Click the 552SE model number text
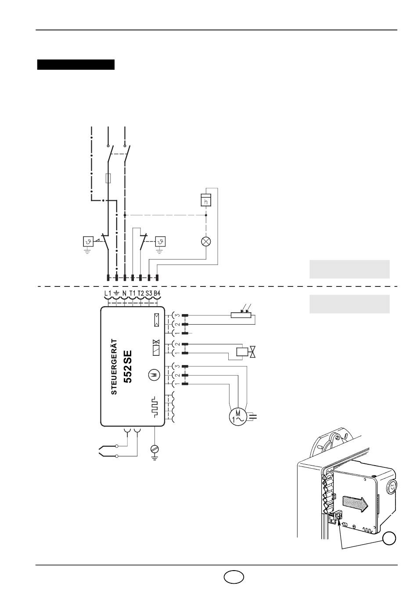[x=128, y=367]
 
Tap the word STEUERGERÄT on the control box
[x=114, y=367]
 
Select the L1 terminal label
[x=108, y=293]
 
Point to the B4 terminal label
[x=157, y=293]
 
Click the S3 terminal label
[x=149, y=293]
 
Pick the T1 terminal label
[x=133, y=293]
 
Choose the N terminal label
[x=124, y=293]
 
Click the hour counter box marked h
[x=206, y=200]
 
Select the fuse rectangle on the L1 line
[x=108, y=178]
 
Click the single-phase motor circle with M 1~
[x=238, y=417]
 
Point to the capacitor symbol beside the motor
[x=253, y=417]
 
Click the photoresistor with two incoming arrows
[x=241, y=312]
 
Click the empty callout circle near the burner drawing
[x=389, y=538]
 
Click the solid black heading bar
[x=75, y=65]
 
